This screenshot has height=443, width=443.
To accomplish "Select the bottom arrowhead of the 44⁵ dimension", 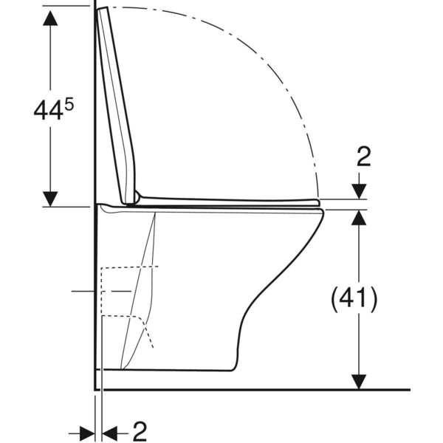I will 50,197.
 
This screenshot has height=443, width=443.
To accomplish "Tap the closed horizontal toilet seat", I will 229,199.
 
